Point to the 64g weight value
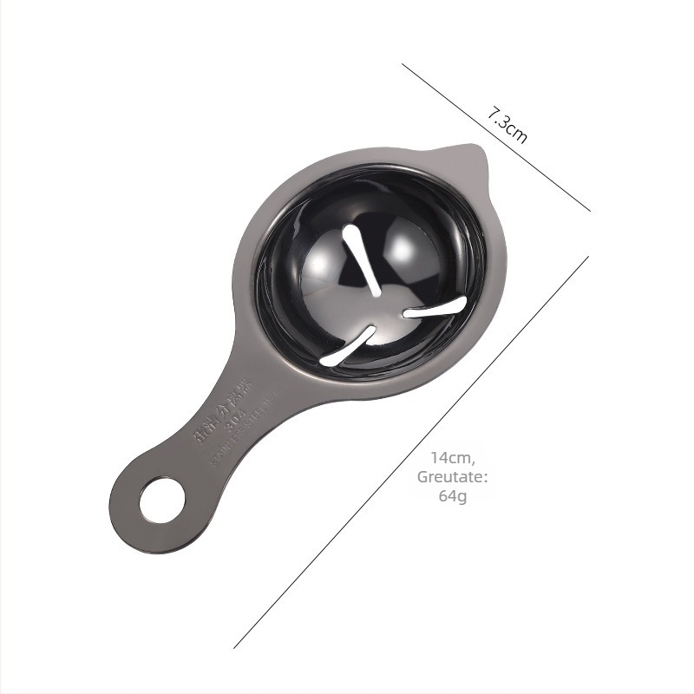(451, 495)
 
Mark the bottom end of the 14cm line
(235, 647)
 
